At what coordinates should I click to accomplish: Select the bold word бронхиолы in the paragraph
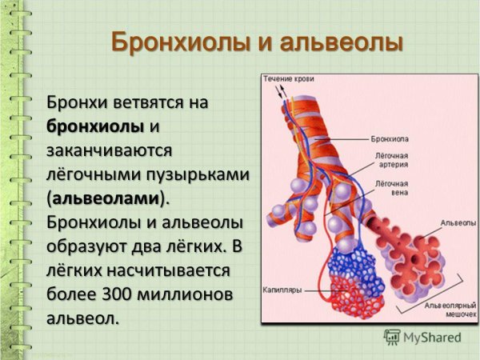[95, 126]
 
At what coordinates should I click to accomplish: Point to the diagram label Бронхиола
[390, 138]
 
